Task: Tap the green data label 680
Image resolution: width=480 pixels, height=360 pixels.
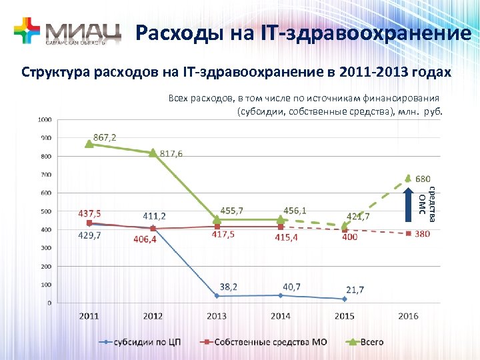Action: pyautogui.click(x=423, y=179)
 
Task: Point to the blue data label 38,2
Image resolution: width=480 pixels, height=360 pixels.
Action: pyautogui.click(x=229, y=287)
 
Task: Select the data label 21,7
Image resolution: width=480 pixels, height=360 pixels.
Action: pyautogui.click(x=355, y=290)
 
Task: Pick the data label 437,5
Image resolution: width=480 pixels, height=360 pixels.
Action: pyautogui.click(x=90, y=214)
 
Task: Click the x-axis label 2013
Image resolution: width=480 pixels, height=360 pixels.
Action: pyautogui.click(x=217, y=315)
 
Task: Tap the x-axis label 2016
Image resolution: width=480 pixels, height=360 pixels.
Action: pyautogui.click(x=407, y=315)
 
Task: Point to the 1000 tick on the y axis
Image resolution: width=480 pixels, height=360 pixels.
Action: pyautogui.click(x=44, y=120)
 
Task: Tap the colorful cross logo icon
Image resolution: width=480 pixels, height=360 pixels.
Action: pyautogui.click(x=27, y=31)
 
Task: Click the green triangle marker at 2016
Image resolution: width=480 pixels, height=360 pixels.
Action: pyautogui.click(x=409, y=178)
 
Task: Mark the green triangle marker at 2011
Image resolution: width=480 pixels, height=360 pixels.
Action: pyautogui.click(x=89, y=144)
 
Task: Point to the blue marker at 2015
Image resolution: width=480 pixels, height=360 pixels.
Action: pyautogui.click(x=345, y=299)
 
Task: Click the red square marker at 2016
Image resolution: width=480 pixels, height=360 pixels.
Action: pyautogui.click(x=409, y=233)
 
